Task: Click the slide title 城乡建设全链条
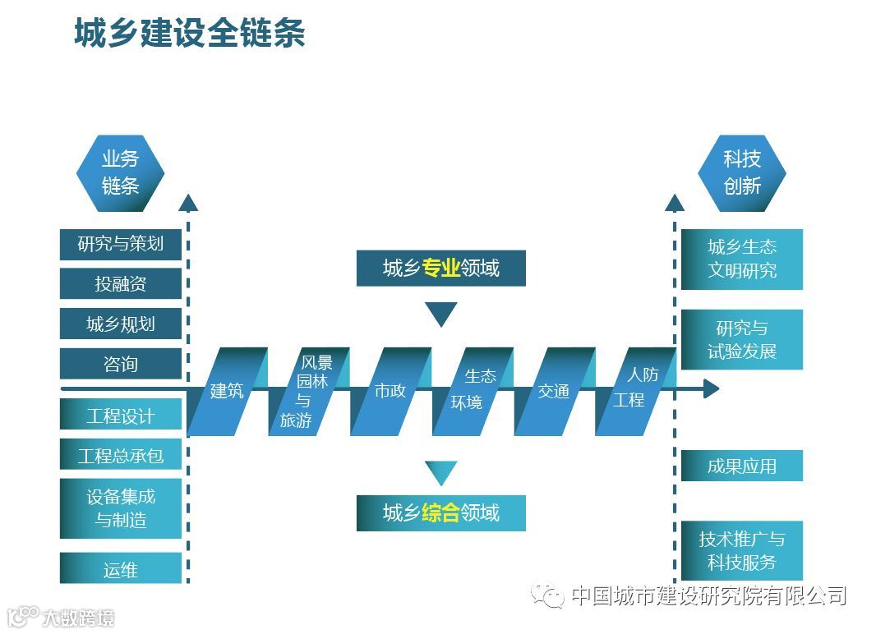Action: coord(190,34)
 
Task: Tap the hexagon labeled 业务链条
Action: coord(120,172)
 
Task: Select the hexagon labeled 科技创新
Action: coord(741,172)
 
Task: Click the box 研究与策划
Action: coord(120,244)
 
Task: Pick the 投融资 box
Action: coord(120,284)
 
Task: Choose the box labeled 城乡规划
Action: coord(120,324)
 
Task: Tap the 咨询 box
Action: coord(120,364)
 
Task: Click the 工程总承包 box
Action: coord(120,455)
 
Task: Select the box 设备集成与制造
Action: coord(120,508)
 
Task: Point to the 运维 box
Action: coord(120,568)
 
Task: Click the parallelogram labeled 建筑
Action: coord(227,391)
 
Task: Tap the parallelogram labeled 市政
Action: coord(390,391)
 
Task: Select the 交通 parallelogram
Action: coord(554,391)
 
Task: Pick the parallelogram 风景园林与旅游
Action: coord(308,391)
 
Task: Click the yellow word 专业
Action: coord(440,268)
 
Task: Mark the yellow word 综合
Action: coord(440,513)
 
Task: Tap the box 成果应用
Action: coord(741,466)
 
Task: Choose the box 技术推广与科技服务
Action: coord(741,550)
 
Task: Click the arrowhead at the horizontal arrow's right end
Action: coord(710,388)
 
